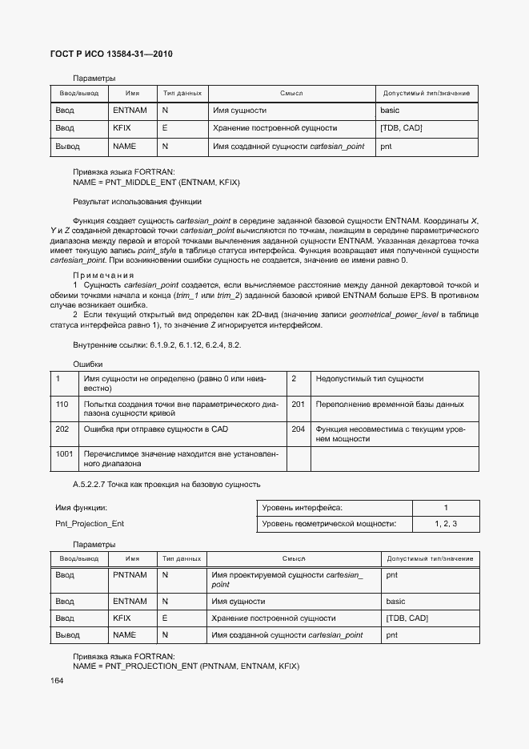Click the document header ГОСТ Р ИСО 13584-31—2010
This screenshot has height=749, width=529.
point(106,54)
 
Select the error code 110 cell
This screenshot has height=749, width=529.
point(62,405)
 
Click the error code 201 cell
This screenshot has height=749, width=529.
point(298,405)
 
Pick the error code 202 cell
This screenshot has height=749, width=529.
point(62,429)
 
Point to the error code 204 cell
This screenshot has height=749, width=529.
point(298,429)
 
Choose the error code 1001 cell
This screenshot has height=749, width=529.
point(64,453)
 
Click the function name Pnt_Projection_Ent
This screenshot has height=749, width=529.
point(90,524)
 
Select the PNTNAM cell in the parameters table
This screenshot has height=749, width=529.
point(130,575)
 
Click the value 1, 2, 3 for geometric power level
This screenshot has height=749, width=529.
point(446,524)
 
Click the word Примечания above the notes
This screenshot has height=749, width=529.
point(103,275)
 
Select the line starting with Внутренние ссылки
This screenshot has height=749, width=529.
point(157,344)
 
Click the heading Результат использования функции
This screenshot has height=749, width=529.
point(137,202)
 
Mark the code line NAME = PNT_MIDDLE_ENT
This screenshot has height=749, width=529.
point(156,182)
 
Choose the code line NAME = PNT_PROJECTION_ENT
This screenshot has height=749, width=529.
point(186,666)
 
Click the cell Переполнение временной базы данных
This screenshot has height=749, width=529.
point(390,405)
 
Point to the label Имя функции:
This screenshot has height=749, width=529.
point(81,508)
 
